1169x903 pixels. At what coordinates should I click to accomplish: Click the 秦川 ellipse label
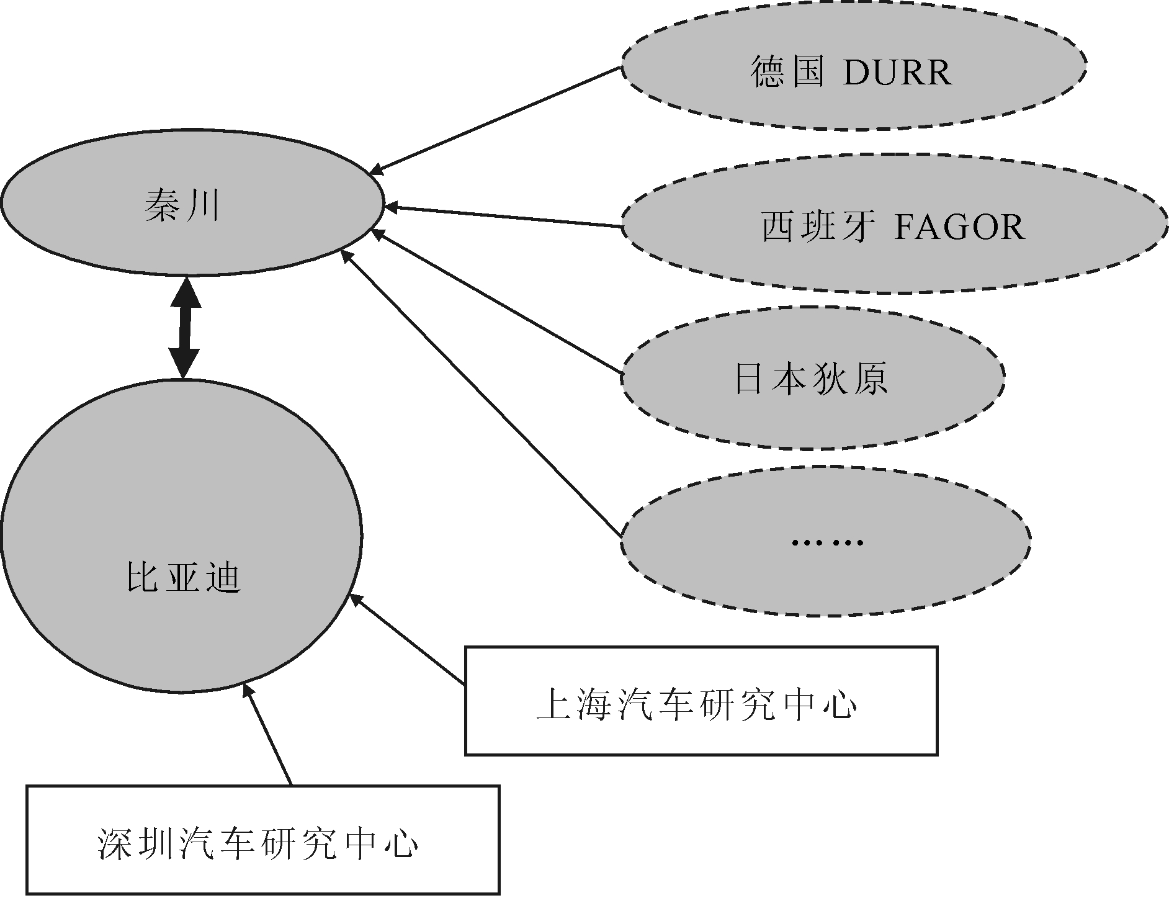point(182,205)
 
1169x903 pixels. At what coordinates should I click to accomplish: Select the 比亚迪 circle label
point(183,578)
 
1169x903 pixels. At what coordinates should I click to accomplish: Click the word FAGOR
point(959,227)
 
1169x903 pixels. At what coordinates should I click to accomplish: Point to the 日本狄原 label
point(811,378)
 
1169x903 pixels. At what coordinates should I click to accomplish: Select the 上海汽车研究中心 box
point(701,701)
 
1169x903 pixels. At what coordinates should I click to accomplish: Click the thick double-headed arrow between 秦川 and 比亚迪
point(185,328)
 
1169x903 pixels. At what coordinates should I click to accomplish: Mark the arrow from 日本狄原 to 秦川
point(496,302)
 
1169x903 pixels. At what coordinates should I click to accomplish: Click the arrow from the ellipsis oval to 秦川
point(481,393)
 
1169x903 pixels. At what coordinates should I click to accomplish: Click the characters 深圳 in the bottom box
point(135,842)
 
